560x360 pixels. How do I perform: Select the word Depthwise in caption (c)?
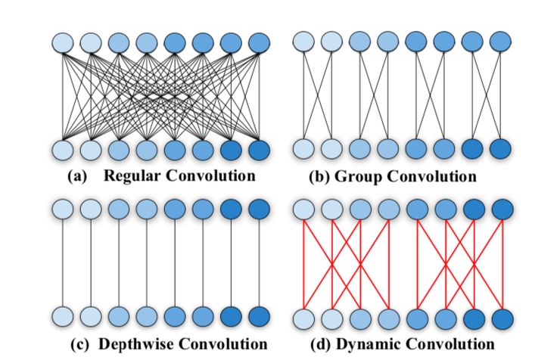tap(130, 344)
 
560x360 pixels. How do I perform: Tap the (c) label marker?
tap(79, 344)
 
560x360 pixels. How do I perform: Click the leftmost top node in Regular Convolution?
tap(63, 42)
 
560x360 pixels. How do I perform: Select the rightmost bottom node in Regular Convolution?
tap(259, 149)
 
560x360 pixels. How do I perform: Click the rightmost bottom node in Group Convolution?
tap(499, 149)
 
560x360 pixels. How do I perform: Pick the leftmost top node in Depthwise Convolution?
tap(63, 207)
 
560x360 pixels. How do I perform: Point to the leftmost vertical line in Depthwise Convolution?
tap(63, 262)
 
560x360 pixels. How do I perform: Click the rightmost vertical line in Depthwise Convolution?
tap(259, 262)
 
